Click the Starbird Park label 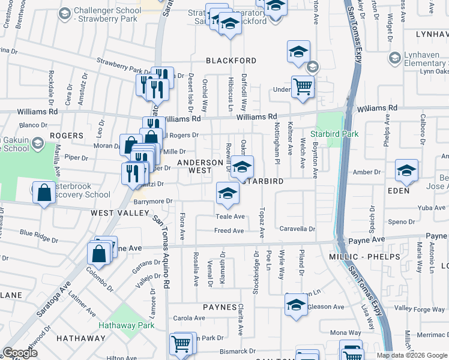click(x=334, y=133)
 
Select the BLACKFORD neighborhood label click(x=231, y=61)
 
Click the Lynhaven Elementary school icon click(x=395, y=58)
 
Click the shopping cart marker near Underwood click(x=303, y=88)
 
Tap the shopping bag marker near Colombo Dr click(x=99, y=254)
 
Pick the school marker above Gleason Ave click(x=296, y=305)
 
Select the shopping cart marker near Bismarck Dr click(x=181, y=345)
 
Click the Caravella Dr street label click(x=297, y=229)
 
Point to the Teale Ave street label click(x=231, y=217)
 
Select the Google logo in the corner click(x=20, y=353)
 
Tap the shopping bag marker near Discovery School click(x=44, y=193)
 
